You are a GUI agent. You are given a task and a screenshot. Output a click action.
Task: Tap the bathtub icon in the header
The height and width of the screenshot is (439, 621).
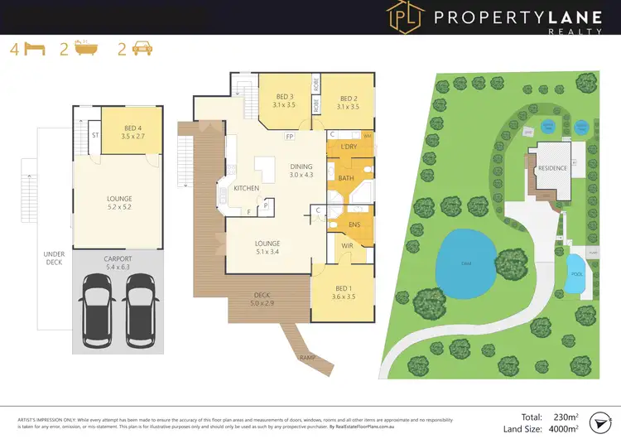click(85, 49)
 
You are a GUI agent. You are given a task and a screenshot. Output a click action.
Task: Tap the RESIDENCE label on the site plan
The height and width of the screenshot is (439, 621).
click(552, 168)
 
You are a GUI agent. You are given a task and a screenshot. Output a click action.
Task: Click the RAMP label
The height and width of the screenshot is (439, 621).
click(306, 358)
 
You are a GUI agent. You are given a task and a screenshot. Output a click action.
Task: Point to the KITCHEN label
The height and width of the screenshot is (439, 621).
click(247, 189)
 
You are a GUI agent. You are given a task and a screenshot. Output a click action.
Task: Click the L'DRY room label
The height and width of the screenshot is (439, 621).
click(349, 147)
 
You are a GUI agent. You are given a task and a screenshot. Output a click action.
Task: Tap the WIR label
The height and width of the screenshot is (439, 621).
click(349, 245)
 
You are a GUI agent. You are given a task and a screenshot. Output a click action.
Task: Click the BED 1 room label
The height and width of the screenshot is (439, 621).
click(344, 292)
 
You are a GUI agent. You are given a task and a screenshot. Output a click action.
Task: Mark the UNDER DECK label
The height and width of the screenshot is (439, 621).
click(55, 259)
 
